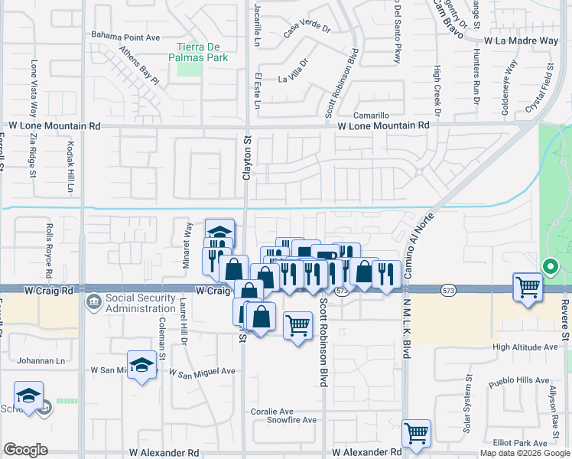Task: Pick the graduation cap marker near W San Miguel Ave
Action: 142,365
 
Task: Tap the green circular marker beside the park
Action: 549,267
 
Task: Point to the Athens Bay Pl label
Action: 138,67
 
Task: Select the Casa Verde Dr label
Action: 306,30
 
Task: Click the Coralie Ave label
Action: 272,411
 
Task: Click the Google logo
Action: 26,450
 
